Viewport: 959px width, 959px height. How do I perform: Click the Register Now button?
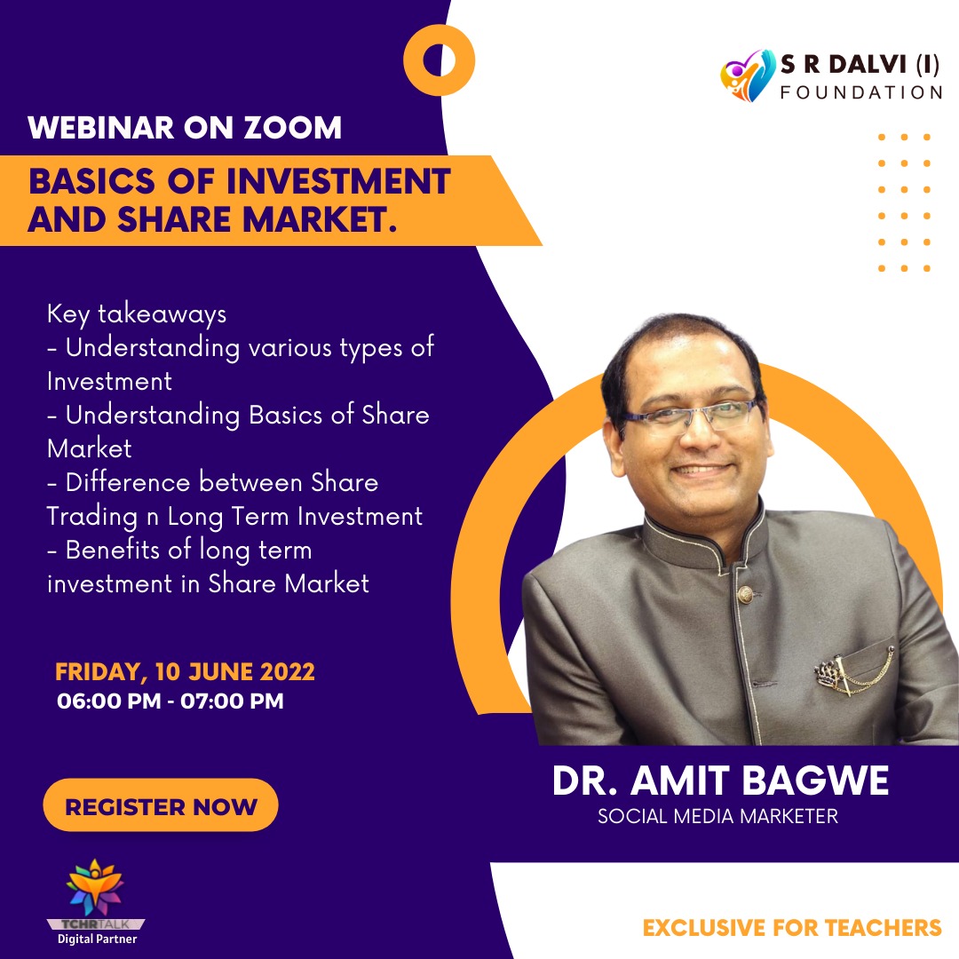point(160,804)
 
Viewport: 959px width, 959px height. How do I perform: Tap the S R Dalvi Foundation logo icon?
point(748,75)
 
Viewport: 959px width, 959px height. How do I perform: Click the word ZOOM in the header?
point(292,128)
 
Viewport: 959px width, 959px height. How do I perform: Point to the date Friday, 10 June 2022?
point(185,671)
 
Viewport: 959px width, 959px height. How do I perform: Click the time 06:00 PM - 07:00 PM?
point(170,701)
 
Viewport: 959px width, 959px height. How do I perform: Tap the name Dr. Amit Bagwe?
point(720,781)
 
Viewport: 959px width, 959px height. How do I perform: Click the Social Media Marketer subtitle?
point(717,816)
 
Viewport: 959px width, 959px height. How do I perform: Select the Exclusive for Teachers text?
point(792,927)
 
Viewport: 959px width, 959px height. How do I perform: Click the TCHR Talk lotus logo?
point(95,887)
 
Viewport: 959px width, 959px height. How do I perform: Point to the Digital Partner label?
point(98,939)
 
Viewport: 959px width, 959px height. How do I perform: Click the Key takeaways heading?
point(137,313)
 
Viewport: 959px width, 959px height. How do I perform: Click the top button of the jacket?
point(744,593)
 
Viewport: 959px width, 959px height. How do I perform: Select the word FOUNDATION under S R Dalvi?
point(861,92)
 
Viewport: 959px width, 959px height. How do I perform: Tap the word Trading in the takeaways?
point(91,517)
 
